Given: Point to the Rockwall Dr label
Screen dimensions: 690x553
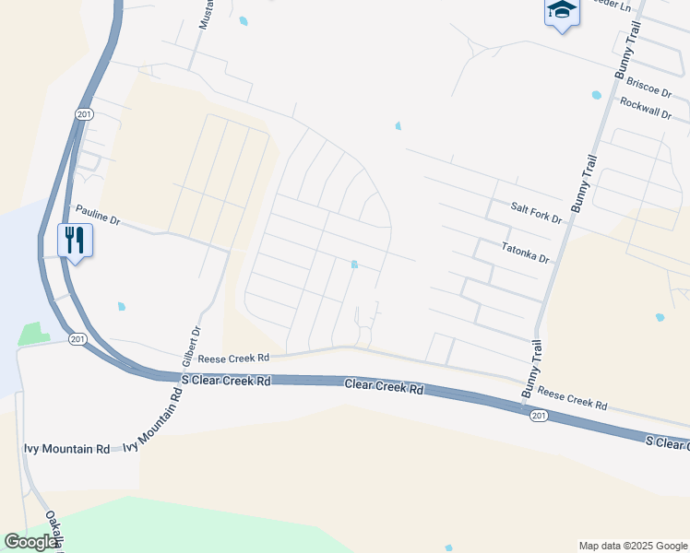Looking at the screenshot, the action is (646, 107).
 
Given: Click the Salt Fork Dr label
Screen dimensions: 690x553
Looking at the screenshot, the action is (536, 212).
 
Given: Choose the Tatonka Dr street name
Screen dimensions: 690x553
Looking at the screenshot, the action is (525, 253).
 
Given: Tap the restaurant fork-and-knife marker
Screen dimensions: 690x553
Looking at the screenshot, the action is (74, 241).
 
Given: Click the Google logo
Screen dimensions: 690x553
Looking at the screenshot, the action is (32, 542).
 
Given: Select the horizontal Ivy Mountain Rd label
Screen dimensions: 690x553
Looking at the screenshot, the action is (66, 449).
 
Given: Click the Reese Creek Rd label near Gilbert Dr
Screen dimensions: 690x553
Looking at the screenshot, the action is (233, 358).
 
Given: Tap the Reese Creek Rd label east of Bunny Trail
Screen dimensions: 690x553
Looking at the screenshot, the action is (573, 398).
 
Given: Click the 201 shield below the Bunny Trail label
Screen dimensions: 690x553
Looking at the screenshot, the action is (540, 416).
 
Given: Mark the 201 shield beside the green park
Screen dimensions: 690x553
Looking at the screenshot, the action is (77, 339).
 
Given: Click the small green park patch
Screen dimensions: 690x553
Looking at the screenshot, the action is (32, 333).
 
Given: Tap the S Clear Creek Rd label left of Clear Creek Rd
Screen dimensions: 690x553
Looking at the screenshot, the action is (226, 380).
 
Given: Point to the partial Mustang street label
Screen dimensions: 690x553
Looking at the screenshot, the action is (206, 14).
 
